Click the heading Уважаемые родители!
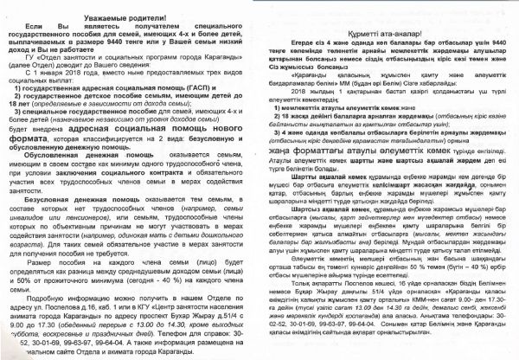tap(130, 16)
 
